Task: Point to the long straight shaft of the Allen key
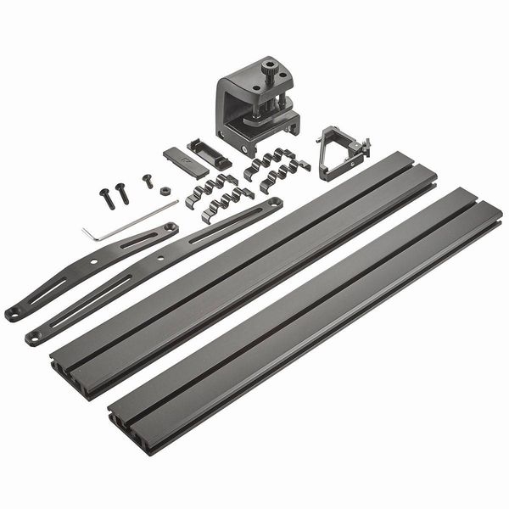[136, 215]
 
